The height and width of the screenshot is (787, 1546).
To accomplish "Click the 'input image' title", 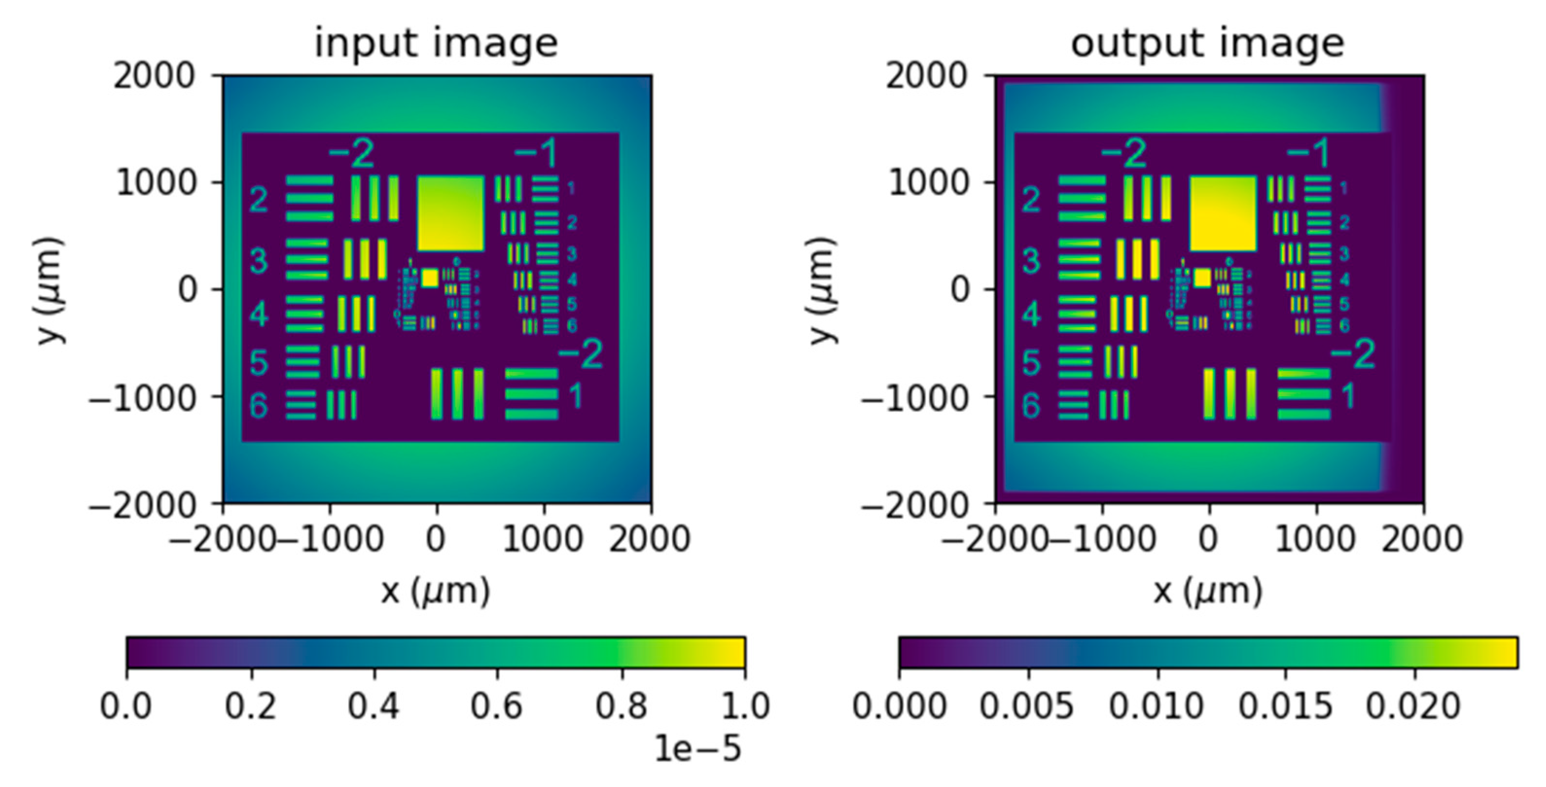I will (436, 43).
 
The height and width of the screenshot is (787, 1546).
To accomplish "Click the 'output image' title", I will (1208, 43).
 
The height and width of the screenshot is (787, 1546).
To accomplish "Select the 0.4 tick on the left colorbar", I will (373, 705).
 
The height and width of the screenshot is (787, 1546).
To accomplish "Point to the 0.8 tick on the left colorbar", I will (621, 705).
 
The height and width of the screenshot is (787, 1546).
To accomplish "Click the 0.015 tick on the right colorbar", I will (1285, 705).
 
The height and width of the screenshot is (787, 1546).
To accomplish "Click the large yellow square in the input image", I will (450, 213).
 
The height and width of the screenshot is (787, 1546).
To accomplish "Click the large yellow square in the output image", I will (1223, 213).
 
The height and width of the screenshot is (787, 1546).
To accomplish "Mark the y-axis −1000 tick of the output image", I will (915, 397).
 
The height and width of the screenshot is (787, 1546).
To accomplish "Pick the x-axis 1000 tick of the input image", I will (543, 539).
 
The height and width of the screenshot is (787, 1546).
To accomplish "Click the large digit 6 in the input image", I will (258, 406).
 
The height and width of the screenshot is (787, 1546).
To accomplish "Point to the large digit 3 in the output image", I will (1031, 261).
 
